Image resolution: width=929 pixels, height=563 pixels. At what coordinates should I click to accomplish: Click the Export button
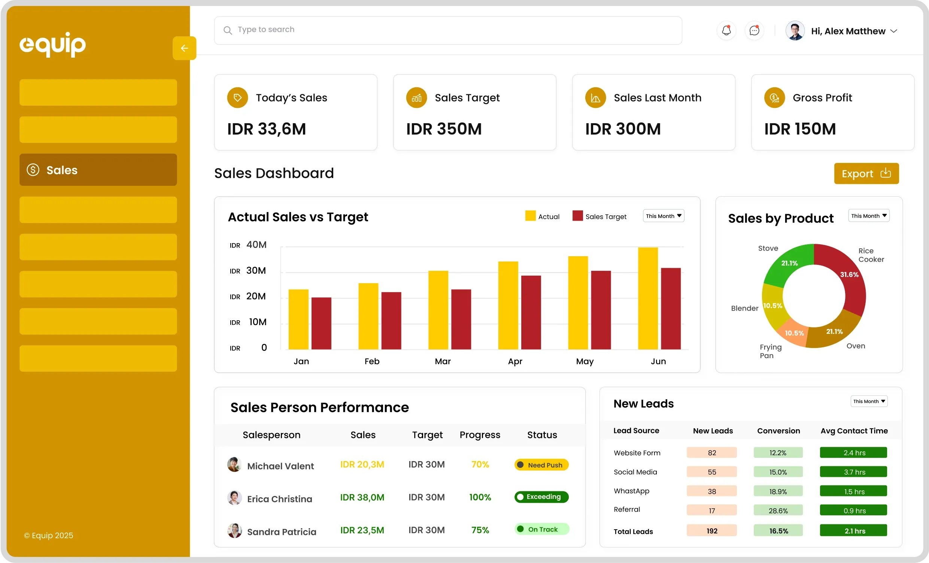pyautogui.click(x=866, y=173)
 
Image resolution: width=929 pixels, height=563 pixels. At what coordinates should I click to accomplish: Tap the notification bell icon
pyautogui.click(x=726, y=31)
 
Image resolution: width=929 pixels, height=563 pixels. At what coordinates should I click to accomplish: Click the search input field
pyautogui.click(x=447, y=30)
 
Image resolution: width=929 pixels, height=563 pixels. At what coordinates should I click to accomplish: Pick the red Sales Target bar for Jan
pyautogui.click(x=321, y=323)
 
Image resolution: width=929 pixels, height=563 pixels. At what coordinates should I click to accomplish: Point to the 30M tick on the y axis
pyautogui.click(x=256, y=271)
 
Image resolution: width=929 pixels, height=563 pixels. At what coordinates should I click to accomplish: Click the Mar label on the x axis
pyautogui.click(x=443, y=361)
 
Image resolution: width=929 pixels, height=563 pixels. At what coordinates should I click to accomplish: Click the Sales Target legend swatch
pyautogui.click(x=577, y=216)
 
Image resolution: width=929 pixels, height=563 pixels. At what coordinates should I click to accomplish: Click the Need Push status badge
pyautogui.click(x=541, y=465)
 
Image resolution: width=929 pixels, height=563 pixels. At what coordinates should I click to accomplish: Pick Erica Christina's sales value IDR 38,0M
pyautogui.click(x=362, y=497)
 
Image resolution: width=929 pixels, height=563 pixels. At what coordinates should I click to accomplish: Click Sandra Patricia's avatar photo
pyautogui.click(x=234, y=530)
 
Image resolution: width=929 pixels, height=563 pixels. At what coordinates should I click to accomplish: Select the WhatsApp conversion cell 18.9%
pyautogui.click(x=778, y=491)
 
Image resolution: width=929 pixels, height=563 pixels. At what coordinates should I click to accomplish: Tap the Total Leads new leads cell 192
pyautogui.click(x=711, y=530)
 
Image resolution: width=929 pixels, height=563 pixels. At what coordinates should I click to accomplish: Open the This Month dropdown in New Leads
pyautogui.click(x=869, y=401)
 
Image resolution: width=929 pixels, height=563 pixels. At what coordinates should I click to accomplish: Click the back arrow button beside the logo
pyautogui.click(x=184, y=48)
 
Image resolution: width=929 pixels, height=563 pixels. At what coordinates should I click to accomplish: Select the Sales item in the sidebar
pyautogui.click(x=98, y=170)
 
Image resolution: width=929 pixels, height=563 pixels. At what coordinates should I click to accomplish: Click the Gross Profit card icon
pyautogui.click(x=774, y=98)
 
